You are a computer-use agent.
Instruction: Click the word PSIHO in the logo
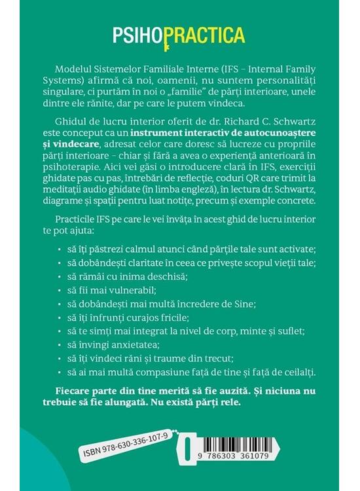[136, 35]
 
